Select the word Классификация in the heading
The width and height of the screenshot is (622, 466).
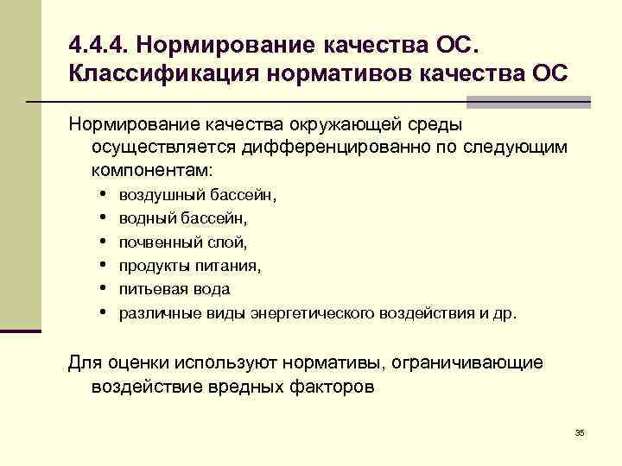[152, 72]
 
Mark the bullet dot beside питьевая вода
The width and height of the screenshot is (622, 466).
[103, 288]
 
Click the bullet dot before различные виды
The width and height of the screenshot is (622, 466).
[103, 312]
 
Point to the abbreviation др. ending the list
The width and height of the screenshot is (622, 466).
[505, 312]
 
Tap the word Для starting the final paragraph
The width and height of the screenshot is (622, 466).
[85, 363]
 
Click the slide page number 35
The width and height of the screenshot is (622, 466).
[580, 431]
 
